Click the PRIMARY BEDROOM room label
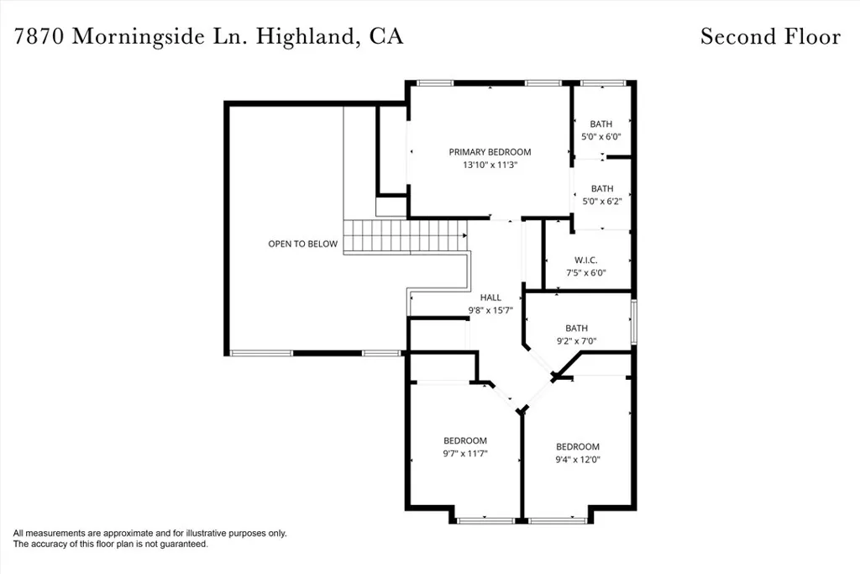tap(490, 152)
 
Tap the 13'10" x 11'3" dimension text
tap(490, 165)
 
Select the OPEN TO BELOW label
tap(302, 244)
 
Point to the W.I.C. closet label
tap(585, 261)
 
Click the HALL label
tap(490, 298)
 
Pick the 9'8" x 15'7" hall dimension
tap(490, 311)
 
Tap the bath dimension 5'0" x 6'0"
tap(601, 137)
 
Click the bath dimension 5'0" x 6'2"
tap(602, 202)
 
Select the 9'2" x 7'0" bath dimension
tap(576, 340)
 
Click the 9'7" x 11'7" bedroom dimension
tap(465, 453)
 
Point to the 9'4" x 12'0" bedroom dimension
tap(578, 460)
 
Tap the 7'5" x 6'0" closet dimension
tap(585, 273)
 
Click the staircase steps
tap(406, 236)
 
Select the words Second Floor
tap(771, 36)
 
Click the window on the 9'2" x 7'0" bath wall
tap(633, 322)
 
